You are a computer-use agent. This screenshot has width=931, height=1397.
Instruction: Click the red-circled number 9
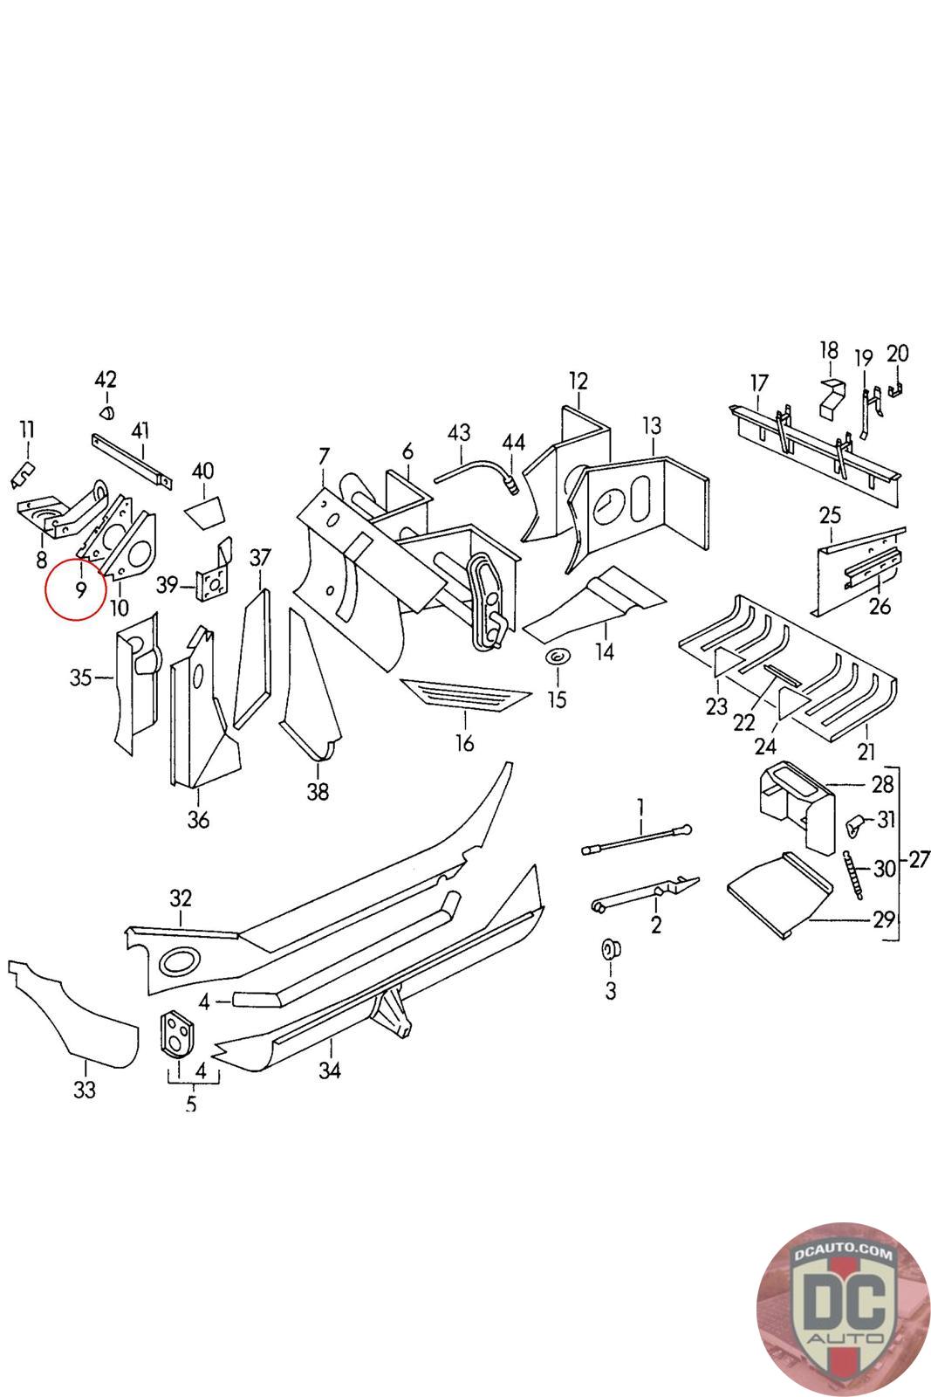tap(79, 591)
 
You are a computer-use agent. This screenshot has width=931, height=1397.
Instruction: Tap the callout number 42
tap(106, 380)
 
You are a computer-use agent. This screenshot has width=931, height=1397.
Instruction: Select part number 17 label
tap(759, 382)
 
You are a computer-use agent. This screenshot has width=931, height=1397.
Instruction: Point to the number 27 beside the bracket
tap(919, 860)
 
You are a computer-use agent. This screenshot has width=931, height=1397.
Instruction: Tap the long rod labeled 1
tap(637, 838)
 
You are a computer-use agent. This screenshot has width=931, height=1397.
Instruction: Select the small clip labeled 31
tap(855, 822)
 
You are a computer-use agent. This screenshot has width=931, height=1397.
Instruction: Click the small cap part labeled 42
tap(106, 410)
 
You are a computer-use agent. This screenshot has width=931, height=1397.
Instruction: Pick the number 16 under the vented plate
tap(465, 743)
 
